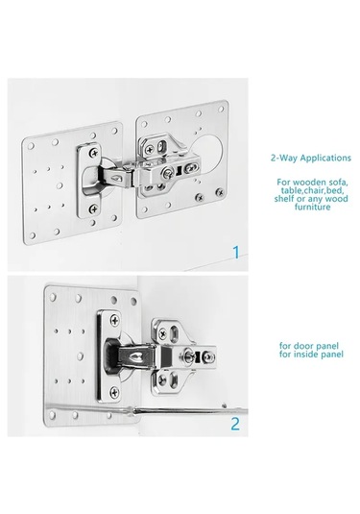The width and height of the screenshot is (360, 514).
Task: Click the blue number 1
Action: (x=236, y=253)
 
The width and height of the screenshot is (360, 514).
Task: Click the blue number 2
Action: (x=235, y=424)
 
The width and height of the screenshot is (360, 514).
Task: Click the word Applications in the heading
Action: (x=325, y=158)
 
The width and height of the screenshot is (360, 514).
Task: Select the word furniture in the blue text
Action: (x=312, y=207)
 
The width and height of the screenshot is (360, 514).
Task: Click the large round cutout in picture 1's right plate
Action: (x=207, y=153)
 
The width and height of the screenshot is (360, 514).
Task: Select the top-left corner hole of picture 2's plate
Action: (x=53, y=297)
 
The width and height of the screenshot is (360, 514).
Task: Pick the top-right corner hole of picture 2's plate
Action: (x=133, y=301)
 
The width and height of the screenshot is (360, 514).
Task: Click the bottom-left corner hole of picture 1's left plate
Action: (x=32, y=235)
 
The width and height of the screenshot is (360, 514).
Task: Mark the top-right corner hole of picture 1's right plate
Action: (x=222, y=109)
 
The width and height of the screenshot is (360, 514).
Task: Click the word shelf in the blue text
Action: (x=283, y=199)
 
